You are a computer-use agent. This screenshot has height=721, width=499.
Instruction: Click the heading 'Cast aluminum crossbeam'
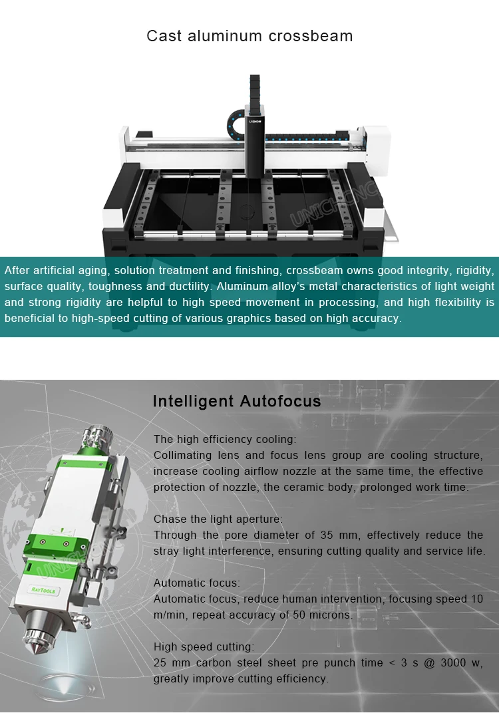click(249, 36)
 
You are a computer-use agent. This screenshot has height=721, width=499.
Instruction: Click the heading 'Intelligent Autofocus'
click(237, 401)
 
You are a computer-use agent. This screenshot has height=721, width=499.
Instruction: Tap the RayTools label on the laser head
click(43, 589)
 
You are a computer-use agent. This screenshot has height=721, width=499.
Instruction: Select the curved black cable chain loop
click(236, 120)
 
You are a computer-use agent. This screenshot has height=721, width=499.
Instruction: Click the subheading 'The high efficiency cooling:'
click(225, 439)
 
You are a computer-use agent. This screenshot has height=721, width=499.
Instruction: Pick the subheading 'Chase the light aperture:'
click(218, 519)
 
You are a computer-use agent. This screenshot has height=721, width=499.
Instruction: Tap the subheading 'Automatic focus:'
click(197, 583)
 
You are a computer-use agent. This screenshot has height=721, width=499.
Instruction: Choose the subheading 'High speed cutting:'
click(204, 647)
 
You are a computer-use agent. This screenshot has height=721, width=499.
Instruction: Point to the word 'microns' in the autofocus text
click(330, 615)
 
